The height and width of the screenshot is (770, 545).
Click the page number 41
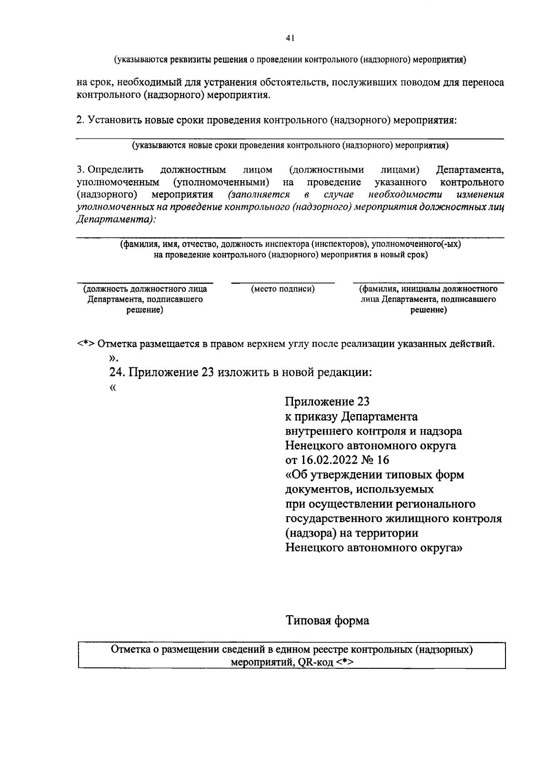291,39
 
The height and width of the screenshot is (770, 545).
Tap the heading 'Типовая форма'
327,620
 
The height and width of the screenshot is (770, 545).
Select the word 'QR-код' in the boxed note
317,661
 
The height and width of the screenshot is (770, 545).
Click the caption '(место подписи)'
283,289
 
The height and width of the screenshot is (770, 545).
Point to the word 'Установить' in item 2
114,120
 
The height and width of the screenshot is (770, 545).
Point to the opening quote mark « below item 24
113,387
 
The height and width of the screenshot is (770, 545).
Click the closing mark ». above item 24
114,358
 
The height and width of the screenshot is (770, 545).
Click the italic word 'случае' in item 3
339,195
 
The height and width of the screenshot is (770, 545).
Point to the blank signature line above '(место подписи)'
283,282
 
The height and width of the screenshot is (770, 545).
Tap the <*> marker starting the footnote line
85,344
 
